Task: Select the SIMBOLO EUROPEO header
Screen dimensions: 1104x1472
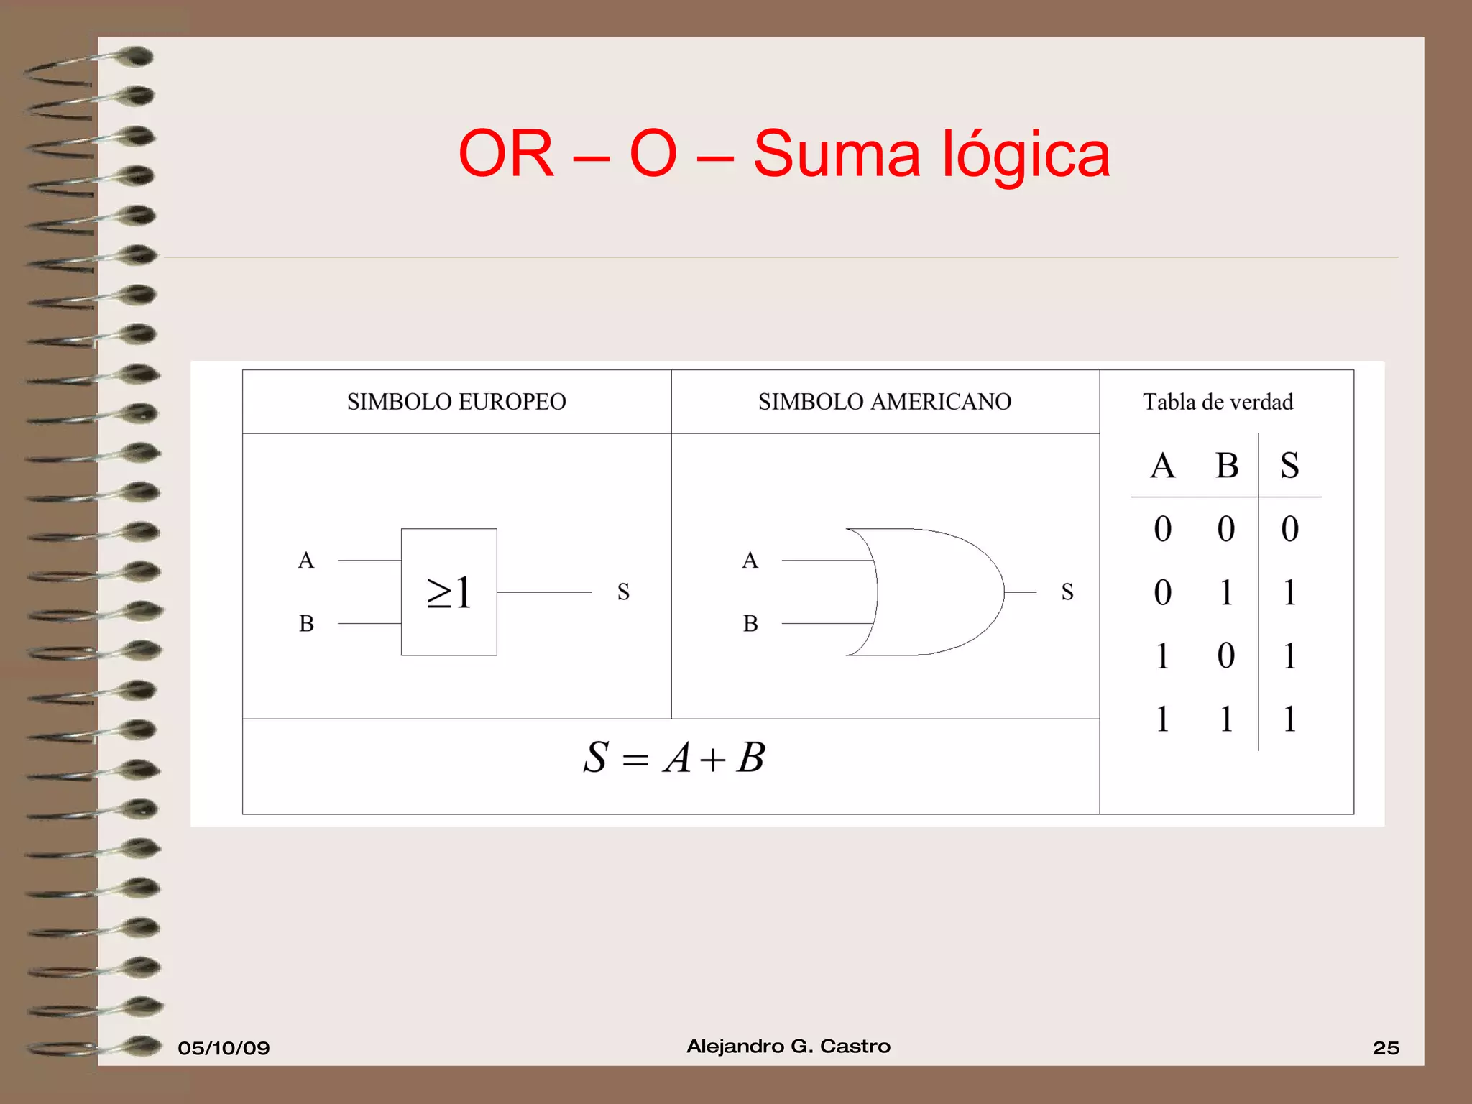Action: (456, 402)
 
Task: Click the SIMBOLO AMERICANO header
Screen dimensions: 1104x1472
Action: (884, 402)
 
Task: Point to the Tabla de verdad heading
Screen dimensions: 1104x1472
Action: (1218, 402)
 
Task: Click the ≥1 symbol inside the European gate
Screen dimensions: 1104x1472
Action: (449, 593)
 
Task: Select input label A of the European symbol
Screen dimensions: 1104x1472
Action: (306, 560)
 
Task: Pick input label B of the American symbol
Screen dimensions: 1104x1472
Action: (750, 623)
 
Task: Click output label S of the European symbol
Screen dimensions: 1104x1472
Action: (623, 592)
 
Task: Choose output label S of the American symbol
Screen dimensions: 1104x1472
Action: (1067, 592)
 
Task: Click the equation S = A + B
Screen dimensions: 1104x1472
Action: (673, 758)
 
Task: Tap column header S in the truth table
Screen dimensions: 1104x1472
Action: (1289, 465)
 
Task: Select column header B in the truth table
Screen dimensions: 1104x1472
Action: (1227, 465)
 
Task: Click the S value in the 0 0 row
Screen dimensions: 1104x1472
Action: (1289, 529)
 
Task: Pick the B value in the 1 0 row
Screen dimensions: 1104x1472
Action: (1226, 655)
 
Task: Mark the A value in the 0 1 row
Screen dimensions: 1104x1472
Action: (1162, 593)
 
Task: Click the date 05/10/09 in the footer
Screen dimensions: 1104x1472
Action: (224, 1048)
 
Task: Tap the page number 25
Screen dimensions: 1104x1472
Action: (1386, 1048)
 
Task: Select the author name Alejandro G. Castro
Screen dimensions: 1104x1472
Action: (788, 1046)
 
